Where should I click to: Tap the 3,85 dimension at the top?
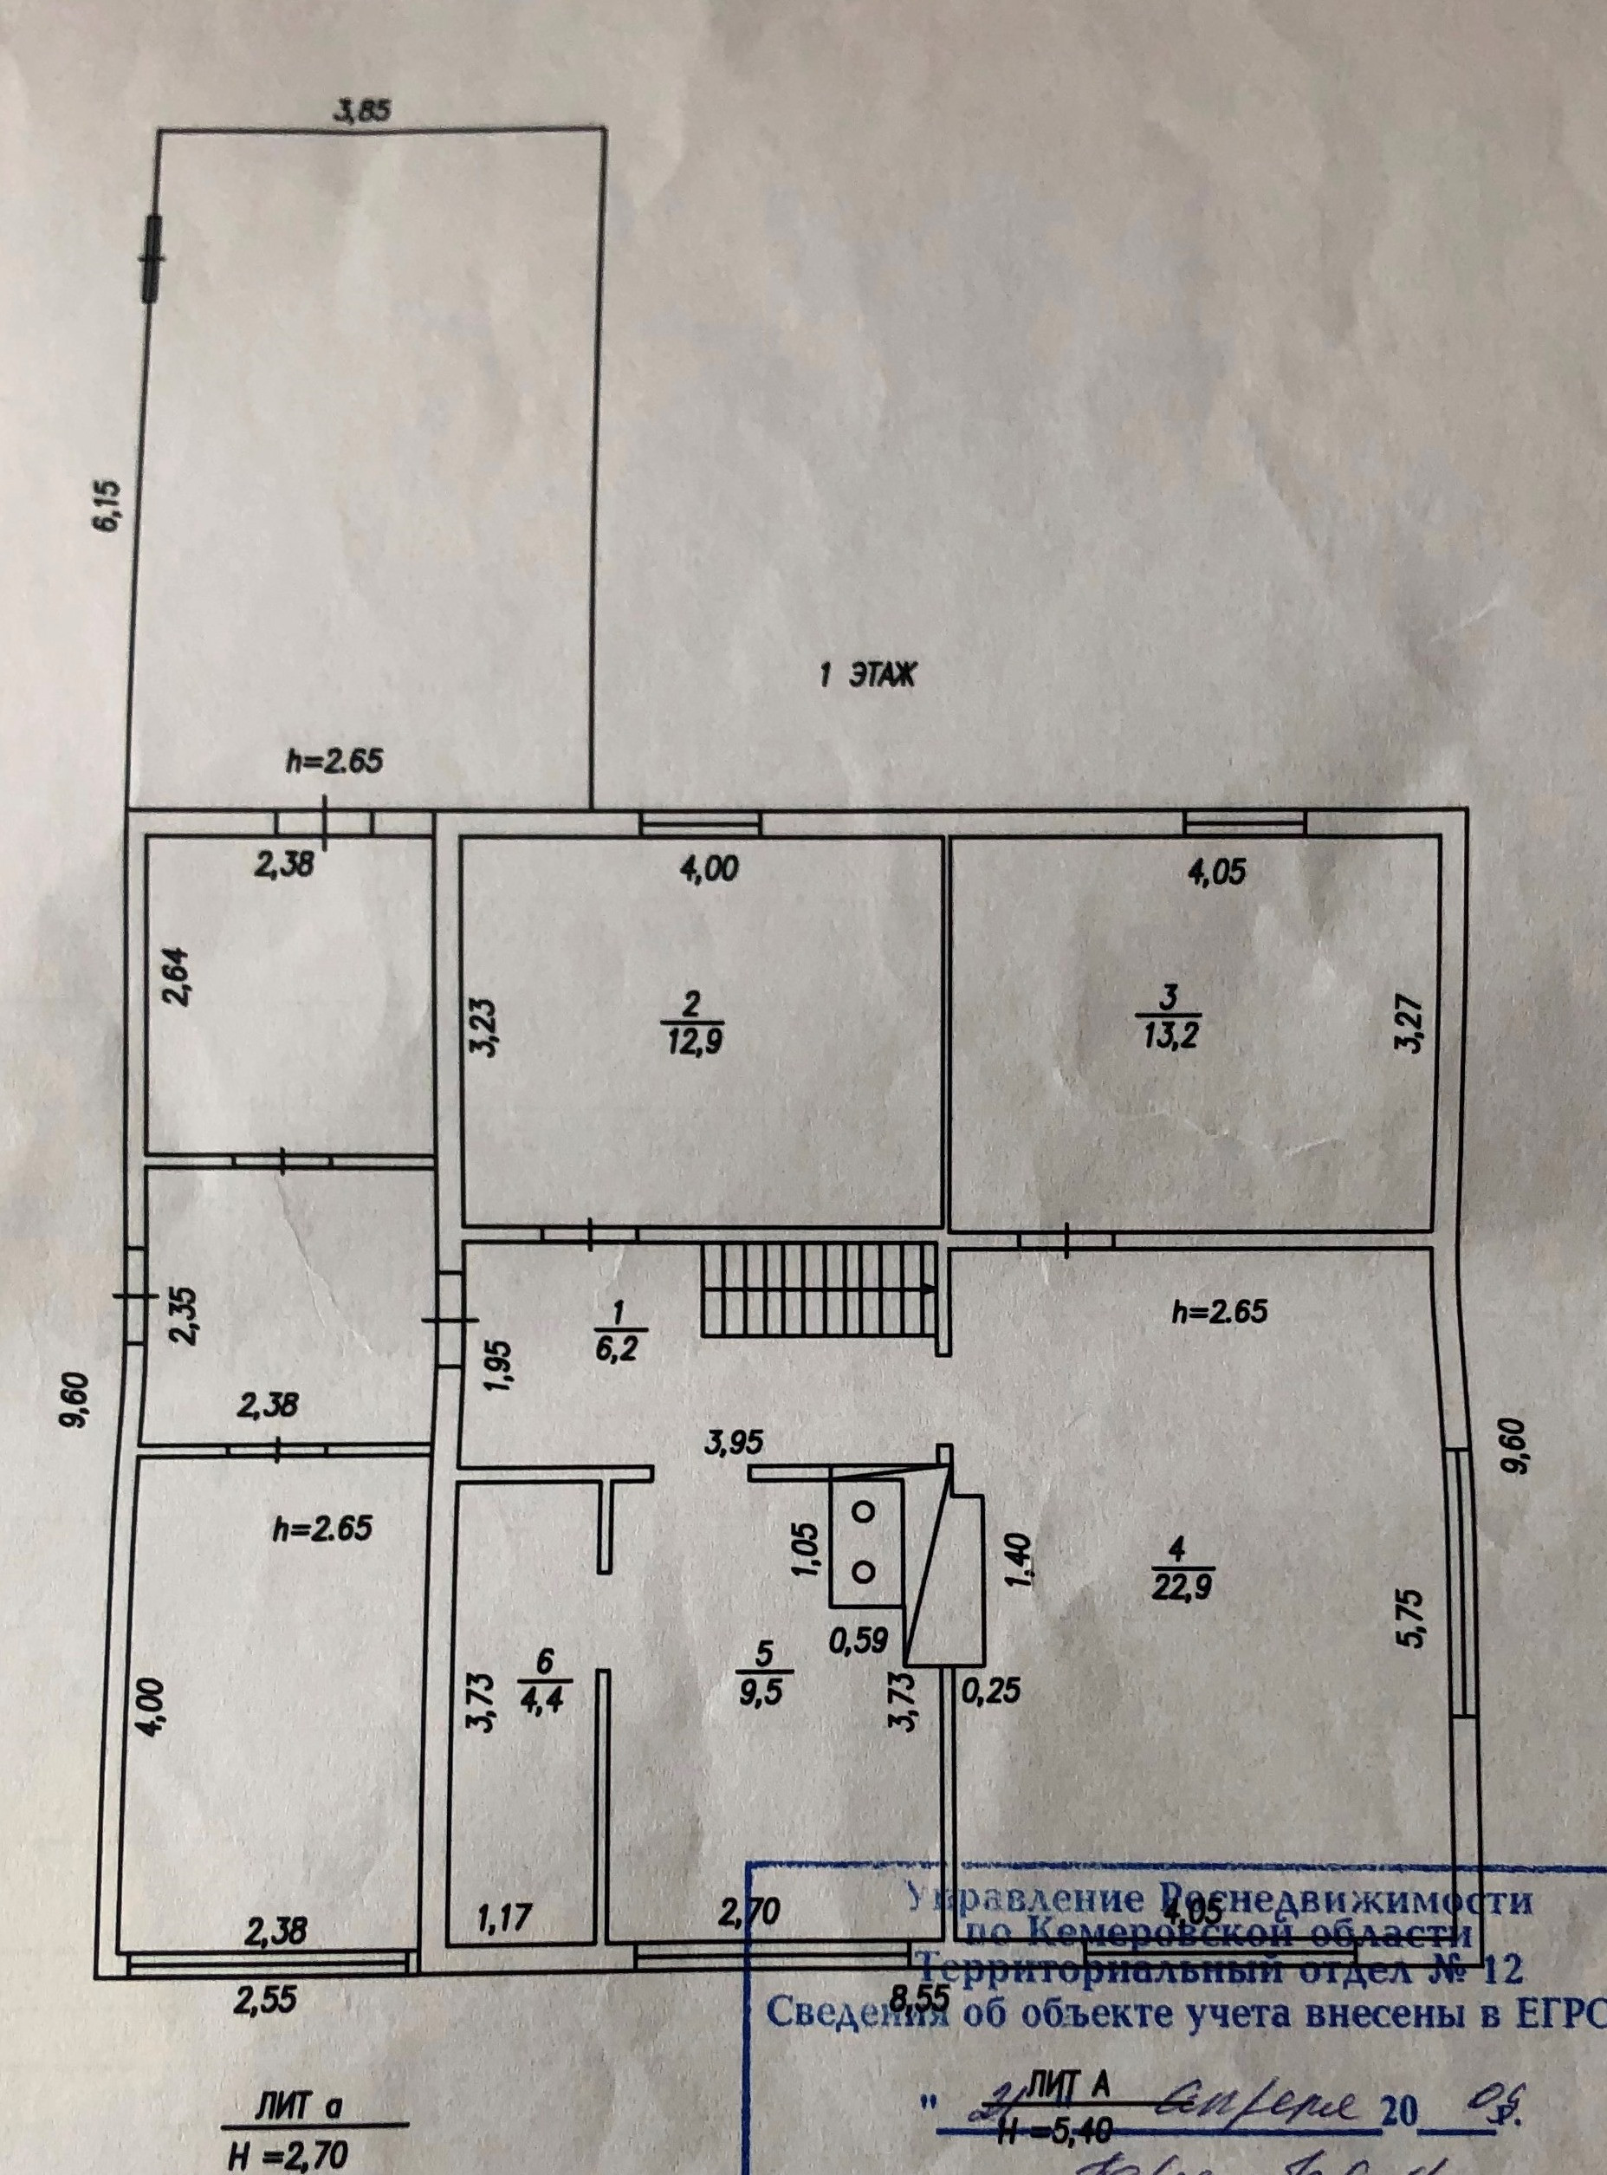coord(363,111)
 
